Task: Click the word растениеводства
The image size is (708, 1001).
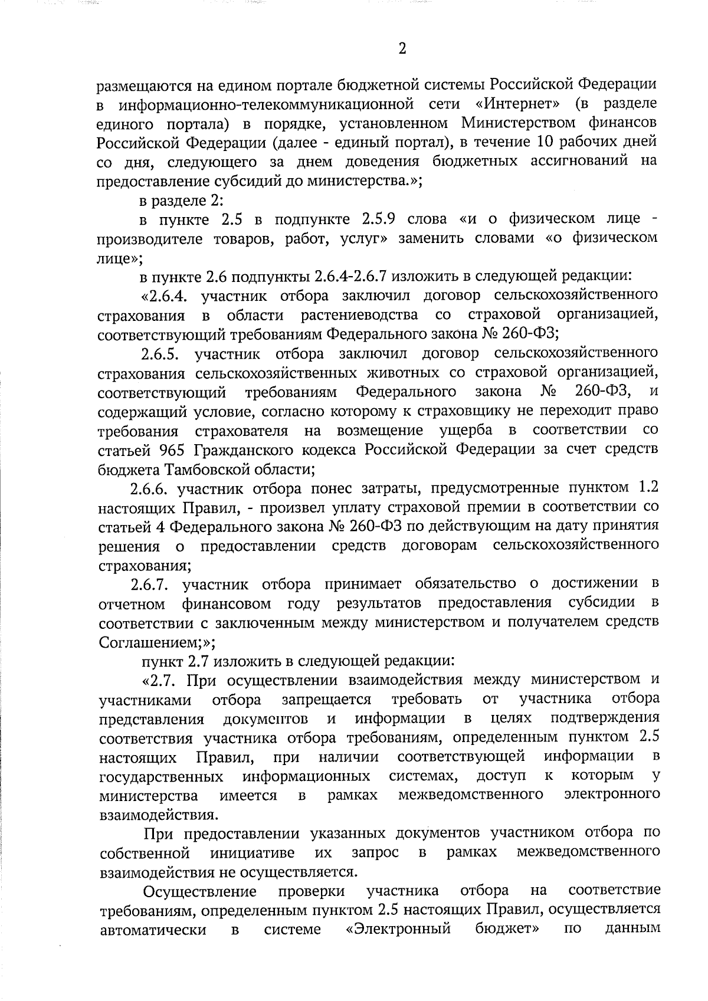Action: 359,315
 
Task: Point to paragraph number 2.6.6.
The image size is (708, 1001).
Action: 150,488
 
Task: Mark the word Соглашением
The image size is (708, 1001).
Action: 150,642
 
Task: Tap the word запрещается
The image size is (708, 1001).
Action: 326,700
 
